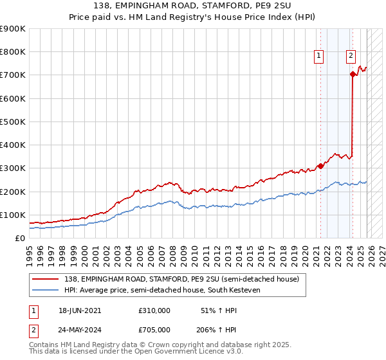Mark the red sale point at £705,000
point(353,75)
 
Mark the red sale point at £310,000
point(320,166)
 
